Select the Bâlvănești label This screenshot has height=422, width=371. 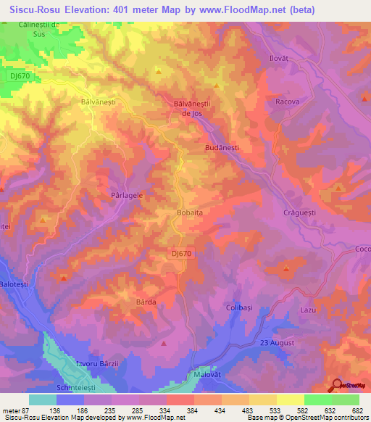99,103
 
